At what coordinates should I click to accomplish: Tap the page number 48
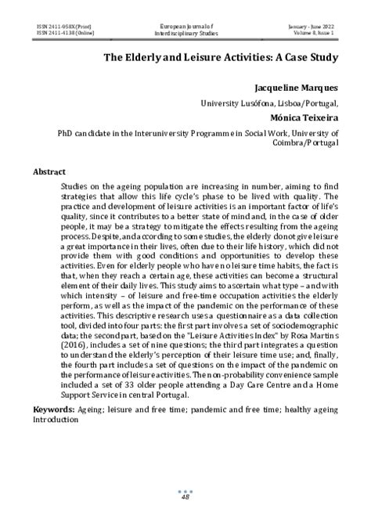[185, 496]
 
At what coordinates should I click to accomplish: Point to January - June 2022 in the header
[312, 26]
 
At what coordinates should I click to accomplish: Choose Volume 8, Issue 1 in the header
[313, 33]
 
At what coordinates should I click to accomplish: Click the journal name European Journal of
[185, 26]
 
